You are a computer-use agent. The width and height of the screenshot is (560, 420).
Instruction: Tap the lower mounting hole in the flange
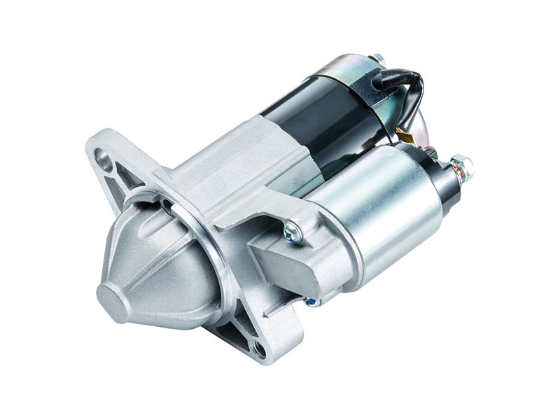click(x=260, y=350)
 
